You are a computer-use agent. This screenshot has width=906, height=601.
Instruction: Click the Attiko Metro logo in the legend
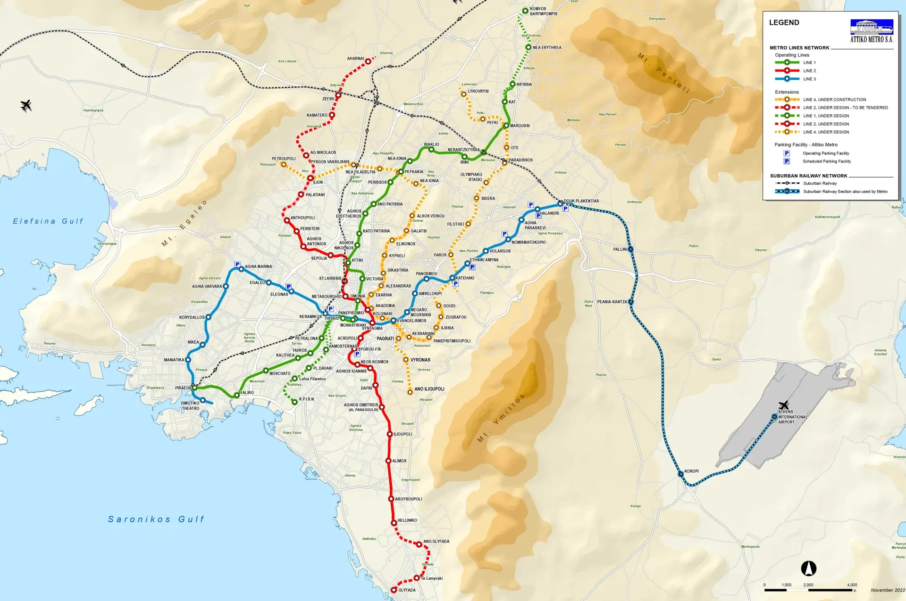(872, 31)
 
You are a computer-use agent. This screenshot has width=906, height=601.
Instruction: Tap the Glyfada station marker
(394, 590)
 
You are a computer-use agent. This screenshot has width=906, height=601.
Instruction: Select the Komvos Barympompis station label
(544, 11)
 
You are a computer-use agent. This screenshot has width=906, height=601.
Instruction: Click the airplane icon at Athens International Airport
(784, 405)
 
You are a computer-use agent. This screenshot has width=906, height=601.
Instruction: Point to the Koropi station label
(691, 471)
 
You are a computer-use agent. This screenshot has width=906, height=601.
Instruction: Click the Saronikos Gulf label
(156, 519)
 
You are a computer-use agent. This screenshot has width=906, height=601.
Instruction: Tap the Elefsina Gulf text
(48, 221)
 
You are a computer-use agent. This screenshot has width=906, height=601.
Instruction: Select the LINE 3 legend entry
(809, 79)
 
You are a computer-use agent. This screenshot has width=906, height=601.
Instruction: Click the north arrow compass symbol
(809, 568)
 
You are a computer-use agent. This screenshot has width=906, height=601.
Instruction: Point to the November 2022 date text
(888, 590)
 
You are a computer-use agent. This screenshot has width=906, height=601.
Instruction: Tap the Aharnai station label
(355, 59)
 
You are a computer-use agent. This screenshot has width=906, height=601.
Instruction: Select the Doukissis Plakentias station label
(581, 201)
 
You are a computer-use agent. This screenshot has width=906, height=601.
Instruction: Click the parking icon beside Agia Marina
(237, 264)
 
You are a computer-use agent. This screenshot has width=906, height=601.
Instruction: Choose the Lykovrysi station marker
(463, 94)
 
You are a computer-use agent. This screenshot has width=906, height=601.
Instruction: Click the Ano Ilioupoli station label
(429, 389)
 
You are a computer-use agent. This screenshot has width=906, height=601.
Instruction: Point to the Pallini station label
(620, 249)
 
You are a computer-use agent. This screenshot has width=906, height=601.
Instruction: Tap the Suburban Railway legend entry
(820, 183)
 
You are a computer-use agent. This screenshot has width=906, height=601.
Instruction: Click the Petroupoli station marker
(283, 164)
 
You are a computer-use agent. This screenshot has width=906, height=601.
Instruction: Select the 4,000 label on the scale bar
(852, 585)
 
